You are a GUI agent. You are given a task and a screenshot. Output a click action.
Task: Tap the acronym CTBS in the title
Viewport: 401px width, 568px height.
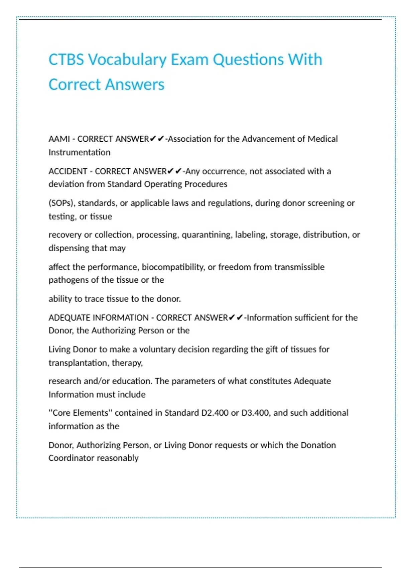[66, 60]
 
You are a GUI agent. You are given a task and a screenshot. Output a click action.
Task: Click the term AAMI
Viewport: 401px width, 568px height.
[59, 139]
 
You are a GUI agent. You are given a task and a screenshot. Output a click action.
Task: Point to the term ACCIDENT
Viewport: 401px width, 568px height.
[68, 171]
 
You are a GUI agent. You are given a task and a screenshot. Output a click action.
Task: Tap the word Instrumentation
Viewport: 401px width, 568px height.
[79, 152]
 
